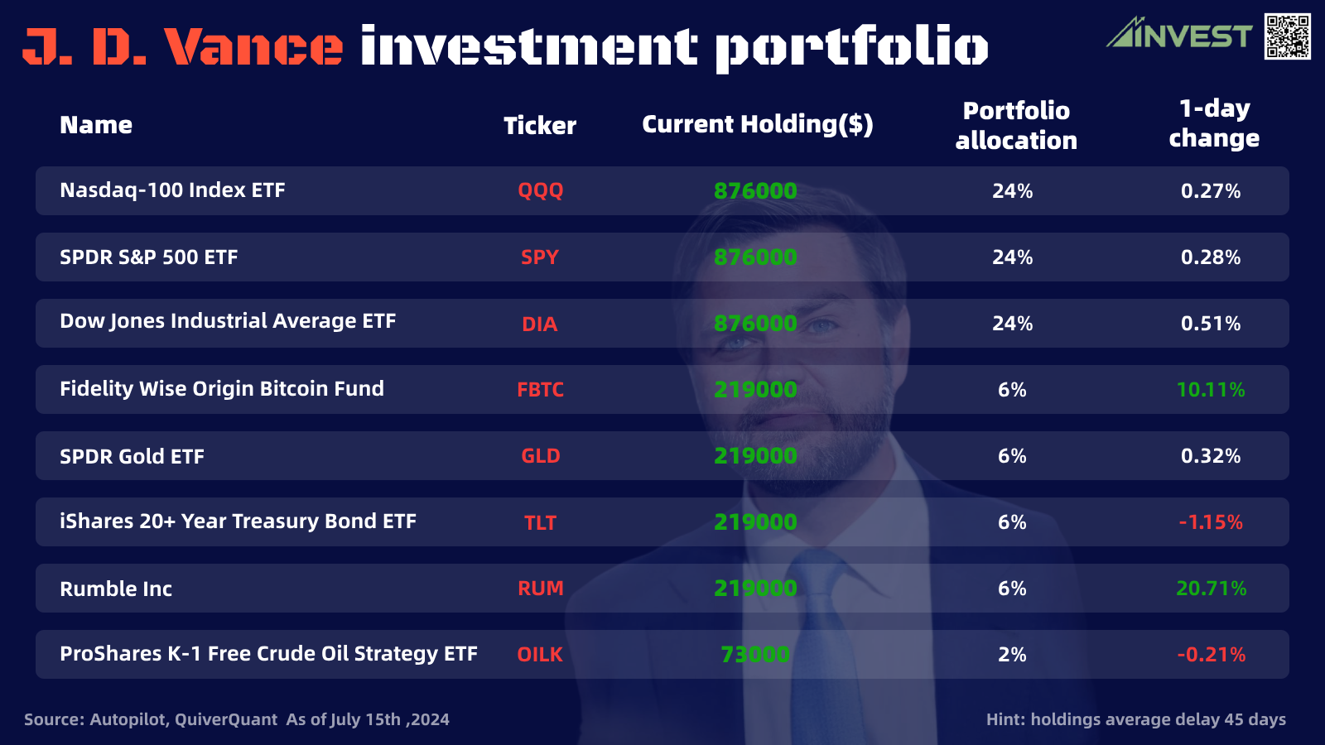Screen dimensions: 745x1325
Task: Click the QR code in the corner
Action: coord(1287,36)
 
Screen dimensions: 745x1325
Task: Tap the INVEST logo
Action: coord(1179,35)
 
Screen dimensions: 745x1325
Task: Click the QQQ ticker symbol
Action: coord(540,190)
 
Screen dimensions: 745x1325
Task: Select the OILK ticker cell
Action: coord(540,654)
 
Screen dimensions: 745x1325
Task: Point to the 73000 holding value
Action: coord(755,654)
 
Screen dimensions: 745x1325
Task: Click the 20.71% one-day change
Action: coord(1211,588)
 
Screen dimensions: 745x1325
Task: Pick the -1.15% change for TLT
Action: coord(1211,521)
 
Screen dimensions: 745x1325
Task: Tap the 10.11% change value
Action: coord(1211,389)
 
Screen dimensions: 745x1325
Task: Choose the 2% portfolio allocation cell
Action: coord(1012,654)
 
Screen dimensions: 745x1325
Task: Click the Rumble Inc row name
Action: coord(116,589)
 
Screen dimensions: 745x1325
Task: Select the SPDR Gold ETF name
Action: coord(132,456)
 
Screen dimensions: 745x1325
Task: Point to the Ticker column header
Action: coord(540,125)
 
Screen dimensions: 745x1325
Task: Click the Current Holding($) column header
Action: coord(757,124)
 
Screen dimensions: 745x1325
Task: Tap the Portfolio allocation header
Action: coord(1016,125)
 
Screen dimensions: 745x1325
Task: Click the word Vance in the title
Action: coord(253,46)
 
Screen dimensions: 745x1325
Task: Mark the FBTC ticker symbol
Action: coord(540,389)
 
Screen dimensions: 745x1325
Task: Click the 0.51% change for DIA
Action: coord(1211,323)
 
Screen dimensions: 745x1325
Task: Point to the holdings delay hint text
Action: coord(1135,719)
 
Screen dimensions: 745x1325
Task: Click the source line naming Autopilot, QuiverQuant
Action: coord(236,719)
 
